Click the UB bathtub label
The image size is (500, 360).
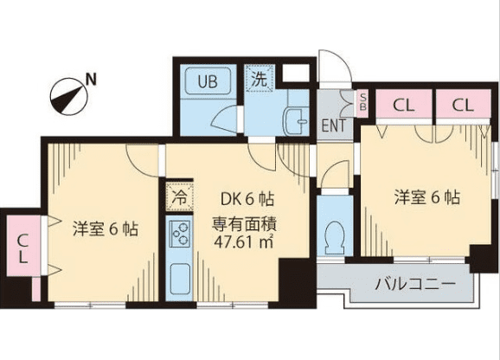(208, 81)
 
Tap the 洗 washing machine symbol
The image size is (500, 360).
(260, 78)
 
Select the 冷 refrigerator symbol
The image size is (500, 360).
(179, 197)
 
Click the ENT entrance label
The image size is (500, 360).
(334, 125)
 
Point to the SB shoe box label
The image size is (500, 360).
(362, 102)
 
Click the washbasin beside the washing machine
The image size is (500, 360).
(296, 121)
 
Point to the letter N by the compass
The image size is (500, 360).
(92, 80)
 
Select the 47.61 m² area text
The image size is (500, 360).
(244, 242)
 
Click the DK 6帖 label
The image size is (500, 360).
(247, 199)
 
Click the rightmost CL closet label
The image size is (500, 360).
(463, 105)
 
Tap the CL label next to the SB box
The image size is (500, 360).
(403, 105)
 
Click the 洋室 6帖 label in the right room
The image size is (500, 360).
(427, 197)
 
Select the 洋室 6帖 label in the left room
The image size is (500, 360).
(106, 229)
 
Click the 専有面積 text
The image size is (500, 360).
(244, 225)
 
